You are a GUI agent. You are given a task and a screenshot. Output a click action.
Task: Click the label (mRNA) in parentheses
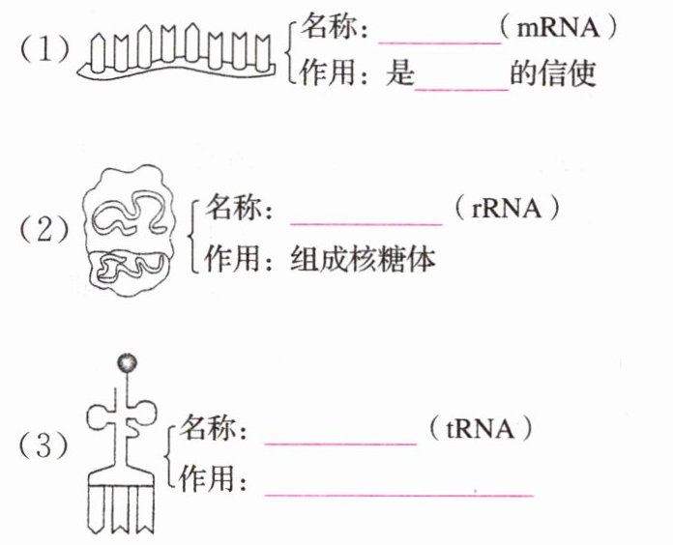pos(560,29)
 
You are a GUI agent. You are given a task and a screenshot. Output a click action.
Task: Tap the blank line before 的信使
pos(461,89)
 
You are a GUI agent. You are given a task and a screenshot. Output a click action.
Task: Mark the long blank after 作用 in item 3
pos(398,495)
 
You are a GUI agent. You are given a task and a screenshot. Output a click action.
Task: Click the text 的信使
pos(553,75)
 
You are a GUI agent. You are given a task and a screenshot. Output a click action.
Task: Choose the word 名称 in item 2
pos(241,209)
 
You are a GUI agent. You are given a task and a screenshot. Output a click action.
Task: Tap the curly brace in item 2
pos(194,234)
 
